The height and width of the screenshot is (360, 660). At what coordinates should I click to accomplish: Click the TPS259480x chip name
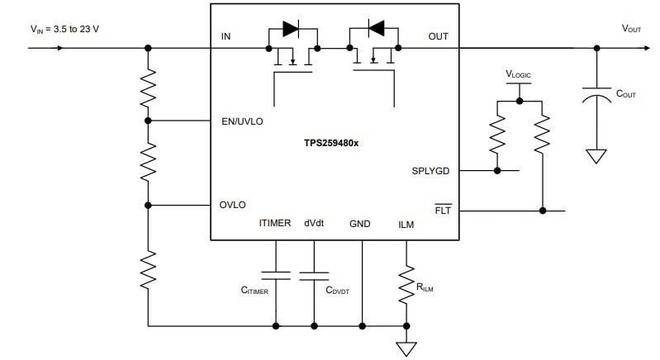(x=336, y=142)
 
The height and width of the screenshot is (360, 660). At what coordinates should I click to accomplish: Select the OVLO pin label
(x=232, y=205)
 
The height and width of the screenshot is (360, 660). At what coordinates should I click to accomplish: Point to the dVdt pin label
(x=314, y=223)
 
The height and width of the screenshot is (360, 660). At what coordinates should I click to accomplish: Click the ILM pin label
(x=406, y=224)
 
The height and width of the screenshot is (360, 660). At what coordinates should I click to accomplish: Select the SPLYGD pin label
(x=430, y=171)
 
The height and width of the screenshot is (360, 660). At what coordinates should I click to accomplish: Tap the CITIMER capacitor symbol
(x=275, y=275)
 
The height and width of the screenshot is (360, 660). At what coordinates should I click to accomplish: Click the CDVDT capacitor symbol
(x=314, y=275)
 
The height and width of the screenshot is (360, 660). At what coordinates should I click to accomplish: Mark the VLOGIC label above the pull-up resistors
(x=519, y=74)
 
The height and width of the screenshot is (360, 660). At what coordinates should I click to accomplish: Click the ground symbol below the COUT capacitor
(x=595, y=154)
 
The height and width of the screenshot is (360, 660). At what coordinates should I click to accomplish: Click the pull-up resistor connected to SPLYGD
(x=496, y=135)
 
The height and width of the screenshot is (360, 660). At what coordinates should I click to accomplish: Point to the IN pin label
(x=226, y=37)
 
